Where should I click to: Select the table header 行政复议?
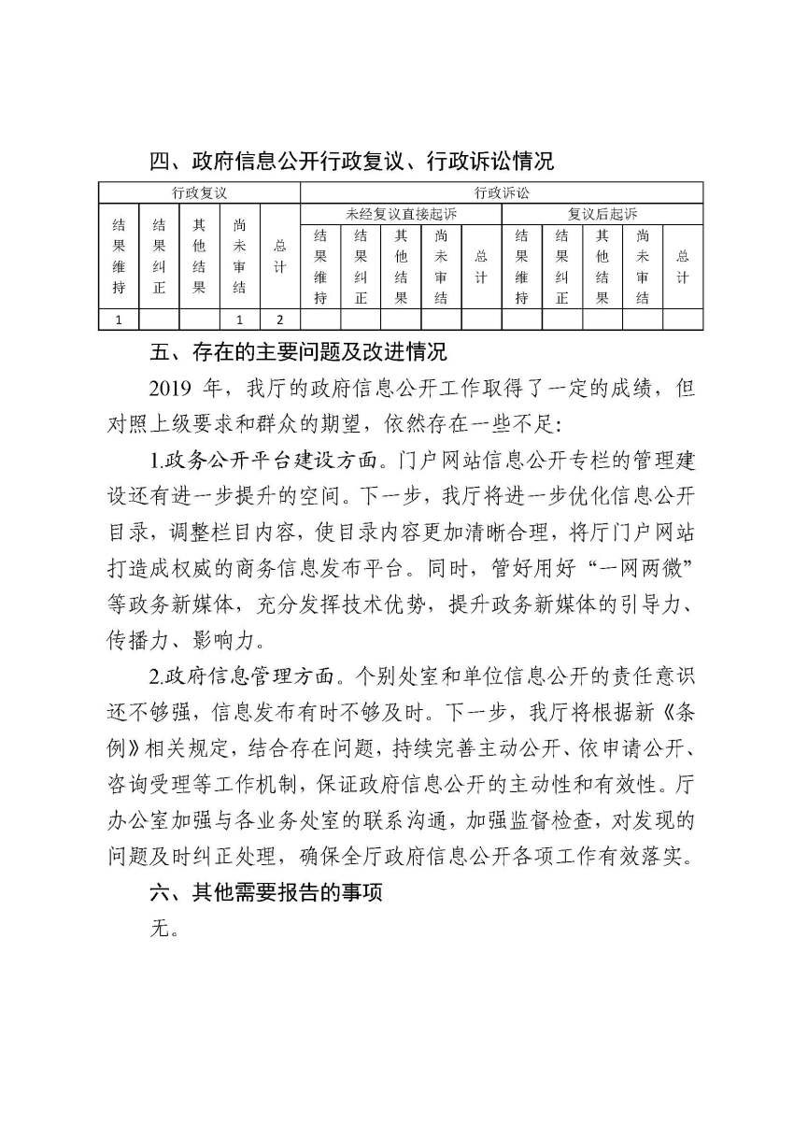pyautogui.click(x=200, y=193)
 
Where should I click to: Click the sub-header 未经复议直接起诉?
pyautogui.click(x=401, y=214)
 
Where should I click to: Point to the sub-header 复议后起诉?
pyautogui.click(x=603, y=214)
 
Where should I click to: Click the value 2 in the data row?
pyautogui.click(x=279, y=320)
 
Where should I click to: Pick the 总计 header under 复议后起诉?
pyautogui.click(x=683, y=266)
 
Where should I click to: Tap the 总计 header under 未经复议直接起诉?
pyautogui.click(x=481, y=266)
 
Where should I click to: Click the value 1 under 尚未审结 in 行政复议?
pyautogui.click(x=239, y=320)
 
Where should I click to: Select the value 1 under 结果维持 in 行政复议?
pyautogui.click(x=119, y=320)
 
